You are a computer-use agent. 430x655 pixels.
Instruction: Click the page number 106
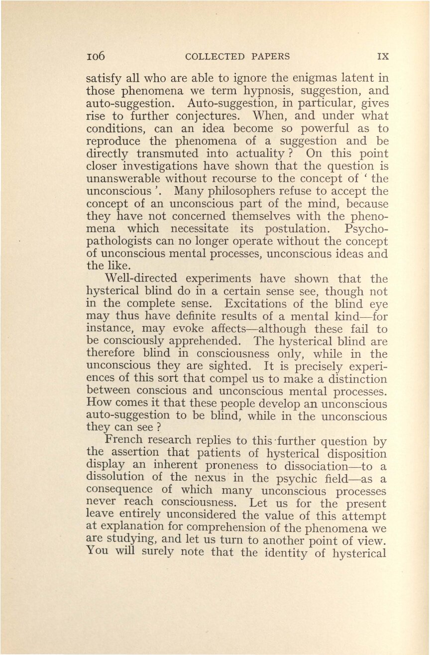pyautogui.click(x=96, y=56)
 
